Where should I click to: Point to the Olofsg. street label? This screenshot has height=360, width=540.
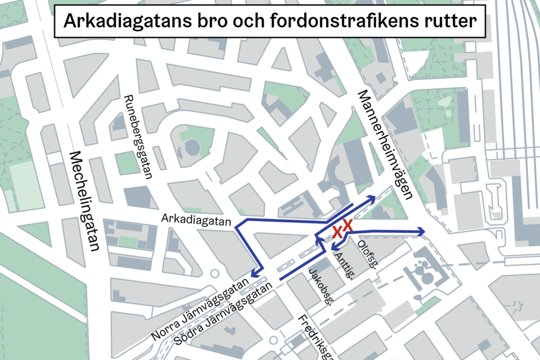coord(365,255)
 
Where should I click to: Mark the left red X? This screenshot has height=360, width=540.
coord(337,232)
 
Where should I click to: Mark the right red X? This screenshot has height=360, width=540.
coord(348,225)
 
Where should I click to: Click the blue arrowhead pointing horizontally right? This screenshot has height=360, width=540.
coord(421,232)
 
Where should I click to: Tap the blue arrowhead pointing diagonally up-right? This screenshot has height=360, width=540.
coord(370,199)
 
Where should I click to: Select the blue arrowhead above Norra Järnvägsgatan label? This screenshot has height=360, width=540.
coord(253,274)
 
